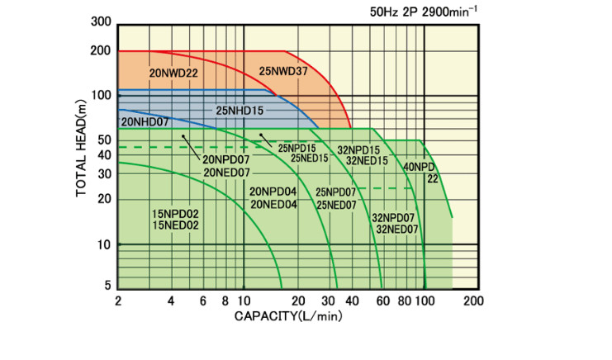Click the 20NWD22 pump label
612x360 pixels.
pyautogui.click(x=173, y=73)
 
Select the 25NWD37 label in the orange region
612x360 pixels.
pyautogui.click(x=283, y=70)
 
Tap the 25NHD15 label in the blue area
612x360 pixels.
pyautogui.click(x=240, y=109)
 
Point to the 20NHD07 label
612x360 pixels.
pyautogui.click(x=145, y=122)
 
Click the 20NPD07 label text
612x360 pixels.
pyautogui.click(x=226, y=159)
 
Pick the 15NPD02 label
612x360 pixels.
pyautogui.click(x=175, y=213)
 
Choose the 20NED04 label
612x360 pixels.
pyautogui.click(x=273, y=205)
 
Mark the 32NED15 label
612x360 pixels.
pyautogui.click(x=367, y=161)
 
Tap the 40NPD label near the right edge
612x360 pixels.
pyautogui.click(x=420, y=167)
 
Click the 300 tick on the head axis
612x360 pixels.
pyautogui.click(x=102, y=21)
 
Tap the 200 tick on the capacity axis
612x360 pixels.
pyautogui.click(x=472, y=301)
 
